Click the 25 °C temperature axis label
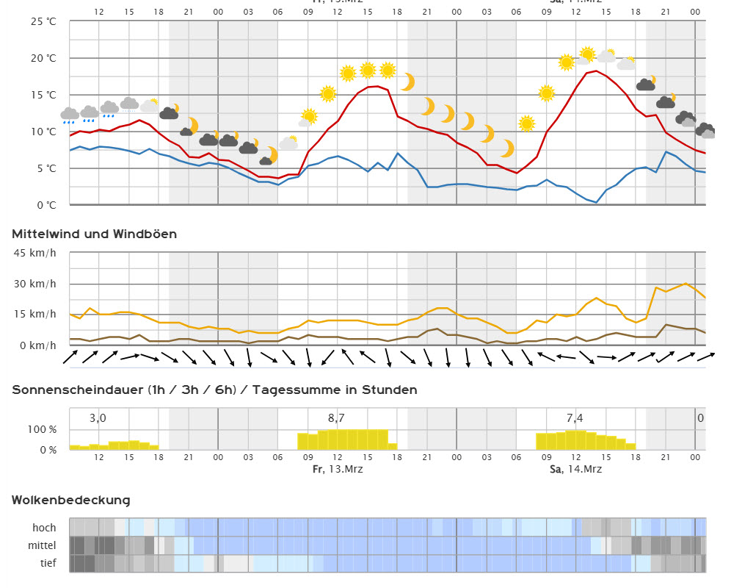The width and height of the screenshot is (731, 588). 43,21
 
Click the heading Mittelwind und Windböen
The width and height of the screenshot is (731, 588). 94,234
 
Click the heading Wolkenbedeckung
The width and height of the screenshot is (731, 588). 70,501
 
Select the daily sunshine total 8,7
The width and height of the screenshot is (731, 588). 336,418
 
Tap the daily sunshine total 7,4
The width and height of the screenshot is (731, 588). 575,418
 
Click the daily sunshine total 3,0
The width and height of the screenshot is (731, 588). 98,418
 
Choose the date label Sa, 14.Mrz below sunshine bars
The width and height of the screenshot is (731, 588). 575,469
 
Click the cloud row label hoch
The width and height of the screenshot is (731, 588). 44,527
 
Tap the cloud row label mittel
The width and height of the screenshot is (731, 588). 42,545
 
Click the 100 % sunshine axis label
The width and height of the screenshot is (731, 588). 42,429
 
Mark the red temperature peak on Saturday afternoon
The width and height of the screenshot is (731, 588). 596,71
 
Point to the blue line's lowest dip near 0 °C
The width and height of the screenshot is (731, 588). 596,203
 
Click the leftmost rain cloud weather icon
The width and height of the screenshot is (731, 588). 70,115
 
